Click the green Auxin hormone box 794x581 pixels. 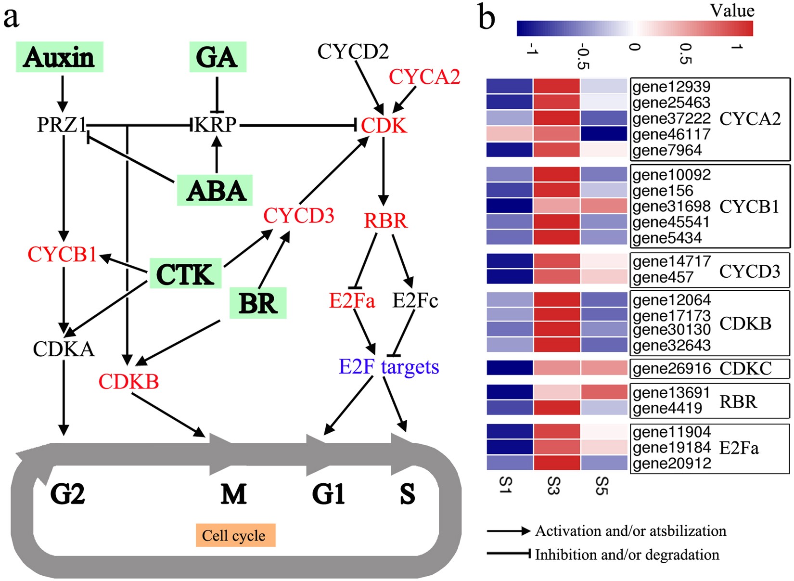coord(59,57)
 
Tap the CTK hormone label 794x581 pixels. coord(185,274)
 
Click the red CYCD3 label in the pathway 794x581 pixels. coord(298,216)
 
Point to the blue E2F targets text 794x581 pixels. coord(389,367)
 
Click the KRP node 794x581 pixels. coord(216,125)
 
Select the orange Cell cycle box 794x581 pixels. coord(235,535)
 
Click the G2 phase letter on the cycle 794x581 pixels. coord(67,494)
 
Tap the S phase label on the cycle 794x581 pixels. coord(407,494)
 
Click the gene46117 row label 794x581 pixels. coord(671,134)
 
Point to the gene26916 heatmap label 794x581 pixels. coord(671,368)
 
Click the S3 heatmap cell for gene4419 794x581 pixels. coord(556,408)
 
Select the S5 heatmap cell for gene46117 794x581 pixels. coord(604,134)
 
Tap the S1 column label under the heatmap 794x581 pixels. coord(505,485)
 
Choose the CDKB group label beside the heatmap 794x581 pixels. coord(745,323)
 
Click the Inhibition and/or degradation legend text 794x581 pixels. coord(627,555)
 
